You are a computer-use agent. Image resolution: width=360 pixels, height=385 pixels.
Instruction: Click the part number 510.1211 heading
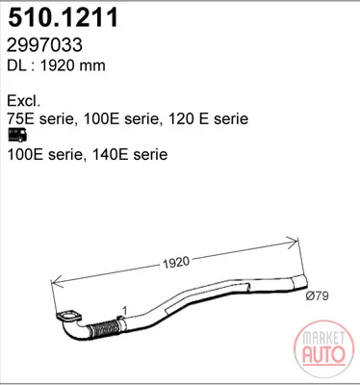(64, 17)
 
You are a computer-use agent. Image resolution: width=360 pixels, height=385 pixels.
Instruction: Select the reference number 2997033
(44, 45)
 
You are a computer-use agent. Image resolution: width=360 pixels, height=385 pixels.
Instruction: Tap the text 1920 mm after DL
(72, 65)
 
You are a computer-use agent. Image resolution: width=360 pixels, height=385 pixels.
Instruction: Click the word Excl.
(24, 101)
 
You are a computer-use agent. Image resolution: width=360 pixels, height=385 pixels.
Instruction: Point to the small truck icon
(17, 135)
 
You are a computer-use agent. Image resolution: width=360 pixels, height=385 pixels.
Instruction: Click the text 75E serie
(40, 118)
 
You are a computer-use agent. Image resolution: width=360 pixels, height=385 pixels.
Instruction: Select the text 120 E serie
(208, 118)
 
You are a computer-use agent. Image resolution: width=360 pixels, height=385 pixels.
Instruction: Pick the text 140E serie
(130, 155)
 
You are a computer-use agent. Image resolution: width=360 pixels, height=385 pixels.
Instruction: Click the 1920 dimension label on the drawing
(176, 263)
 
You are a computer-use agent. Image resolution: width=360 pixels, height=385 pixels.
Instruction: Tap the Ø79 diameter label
(317, 295)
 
